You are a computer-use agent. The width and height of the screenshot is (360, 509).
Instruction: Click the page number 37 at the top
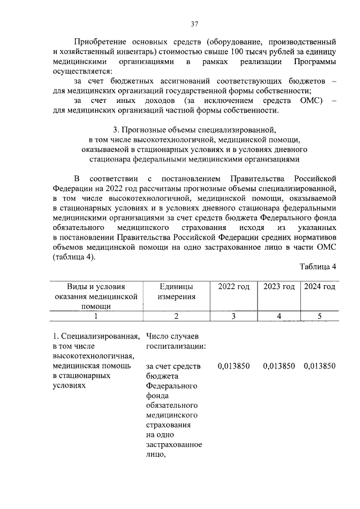(x=194, y=24)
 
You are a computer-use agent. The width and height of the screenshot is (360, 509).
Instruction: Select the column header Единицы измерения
(x=176, y=291)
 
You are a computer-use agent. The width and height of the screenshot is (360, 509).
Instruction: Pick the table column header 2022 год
(x=233, y=287)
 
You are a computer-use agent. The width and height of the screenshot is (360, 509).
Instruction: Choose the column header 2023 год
(x=279, y=287)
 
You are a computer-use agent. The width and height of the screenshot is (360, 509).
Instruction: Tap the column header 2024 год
(x=319, y=287)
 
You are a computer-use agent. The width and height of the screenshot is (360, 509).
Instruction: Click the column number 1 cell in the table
(x=96, y=316)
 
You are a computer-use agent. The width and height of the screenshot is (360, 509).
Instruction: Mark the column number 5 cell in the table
(x=319, y=316)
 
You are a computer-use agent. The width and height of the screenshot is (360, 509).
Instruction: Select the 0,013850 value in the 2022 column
(x=235, y=366)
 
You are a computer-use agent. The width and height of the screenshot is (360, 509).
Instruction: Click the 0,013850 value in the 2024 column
(x=319, y=366)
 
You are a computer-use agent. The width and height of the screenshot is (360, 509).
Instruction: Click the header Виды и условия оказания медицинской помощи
(x=96, y=296)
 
